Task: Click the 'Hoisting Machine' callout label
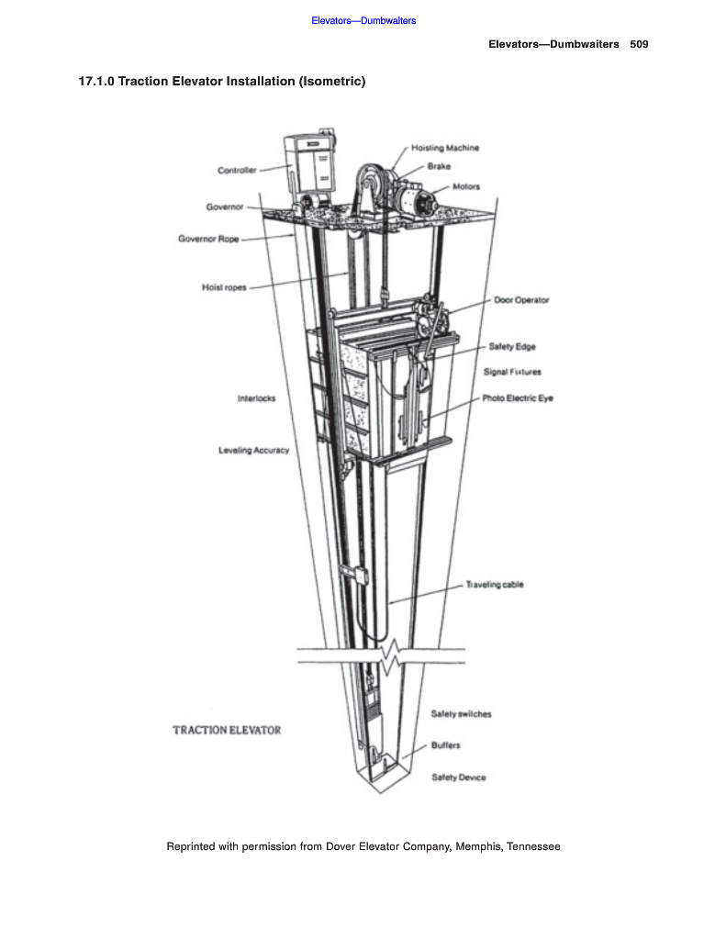(445, 148)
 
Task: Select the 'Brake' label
(439, 167)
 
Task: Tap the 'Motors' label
(466, 187)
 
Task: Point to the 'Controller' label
(237, 170)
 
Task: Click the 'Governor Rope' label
(208, 240)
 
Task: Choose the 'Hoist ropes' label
(224, 287)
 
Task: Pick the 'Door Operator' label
(521, 300)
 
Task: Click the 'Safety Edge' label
(512, 347)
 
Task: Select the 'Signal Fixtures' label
(512, 372)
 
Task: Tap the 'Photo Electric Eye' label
(518, 398)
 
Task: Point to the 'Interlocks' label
(256, 398)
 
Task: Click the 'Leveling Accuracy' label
(253, 451)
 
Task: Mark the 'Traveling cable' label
(495, 585)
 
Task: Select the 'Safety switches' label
(461, 714)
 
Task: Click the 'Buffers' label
(446, 745)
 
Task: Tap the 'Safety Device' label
(459, 778)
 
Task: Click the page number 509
(640, 44)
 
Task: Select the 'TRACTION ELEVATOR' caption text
(227, 731)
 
